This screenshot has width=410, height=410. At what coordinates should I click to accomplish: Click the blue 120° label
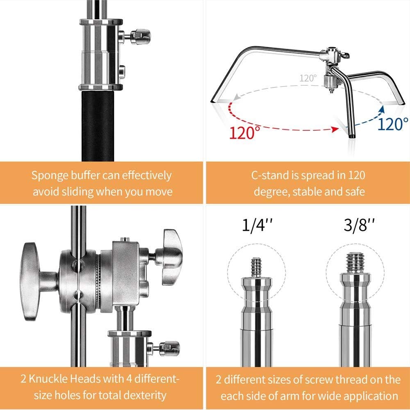tap(393, 123)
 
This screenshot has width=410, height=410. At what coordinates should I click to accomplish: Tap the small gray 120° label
tap(307, 78)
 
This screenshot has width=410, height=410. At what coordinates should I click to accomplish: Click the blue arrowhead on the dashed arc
tap(382, 108)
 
